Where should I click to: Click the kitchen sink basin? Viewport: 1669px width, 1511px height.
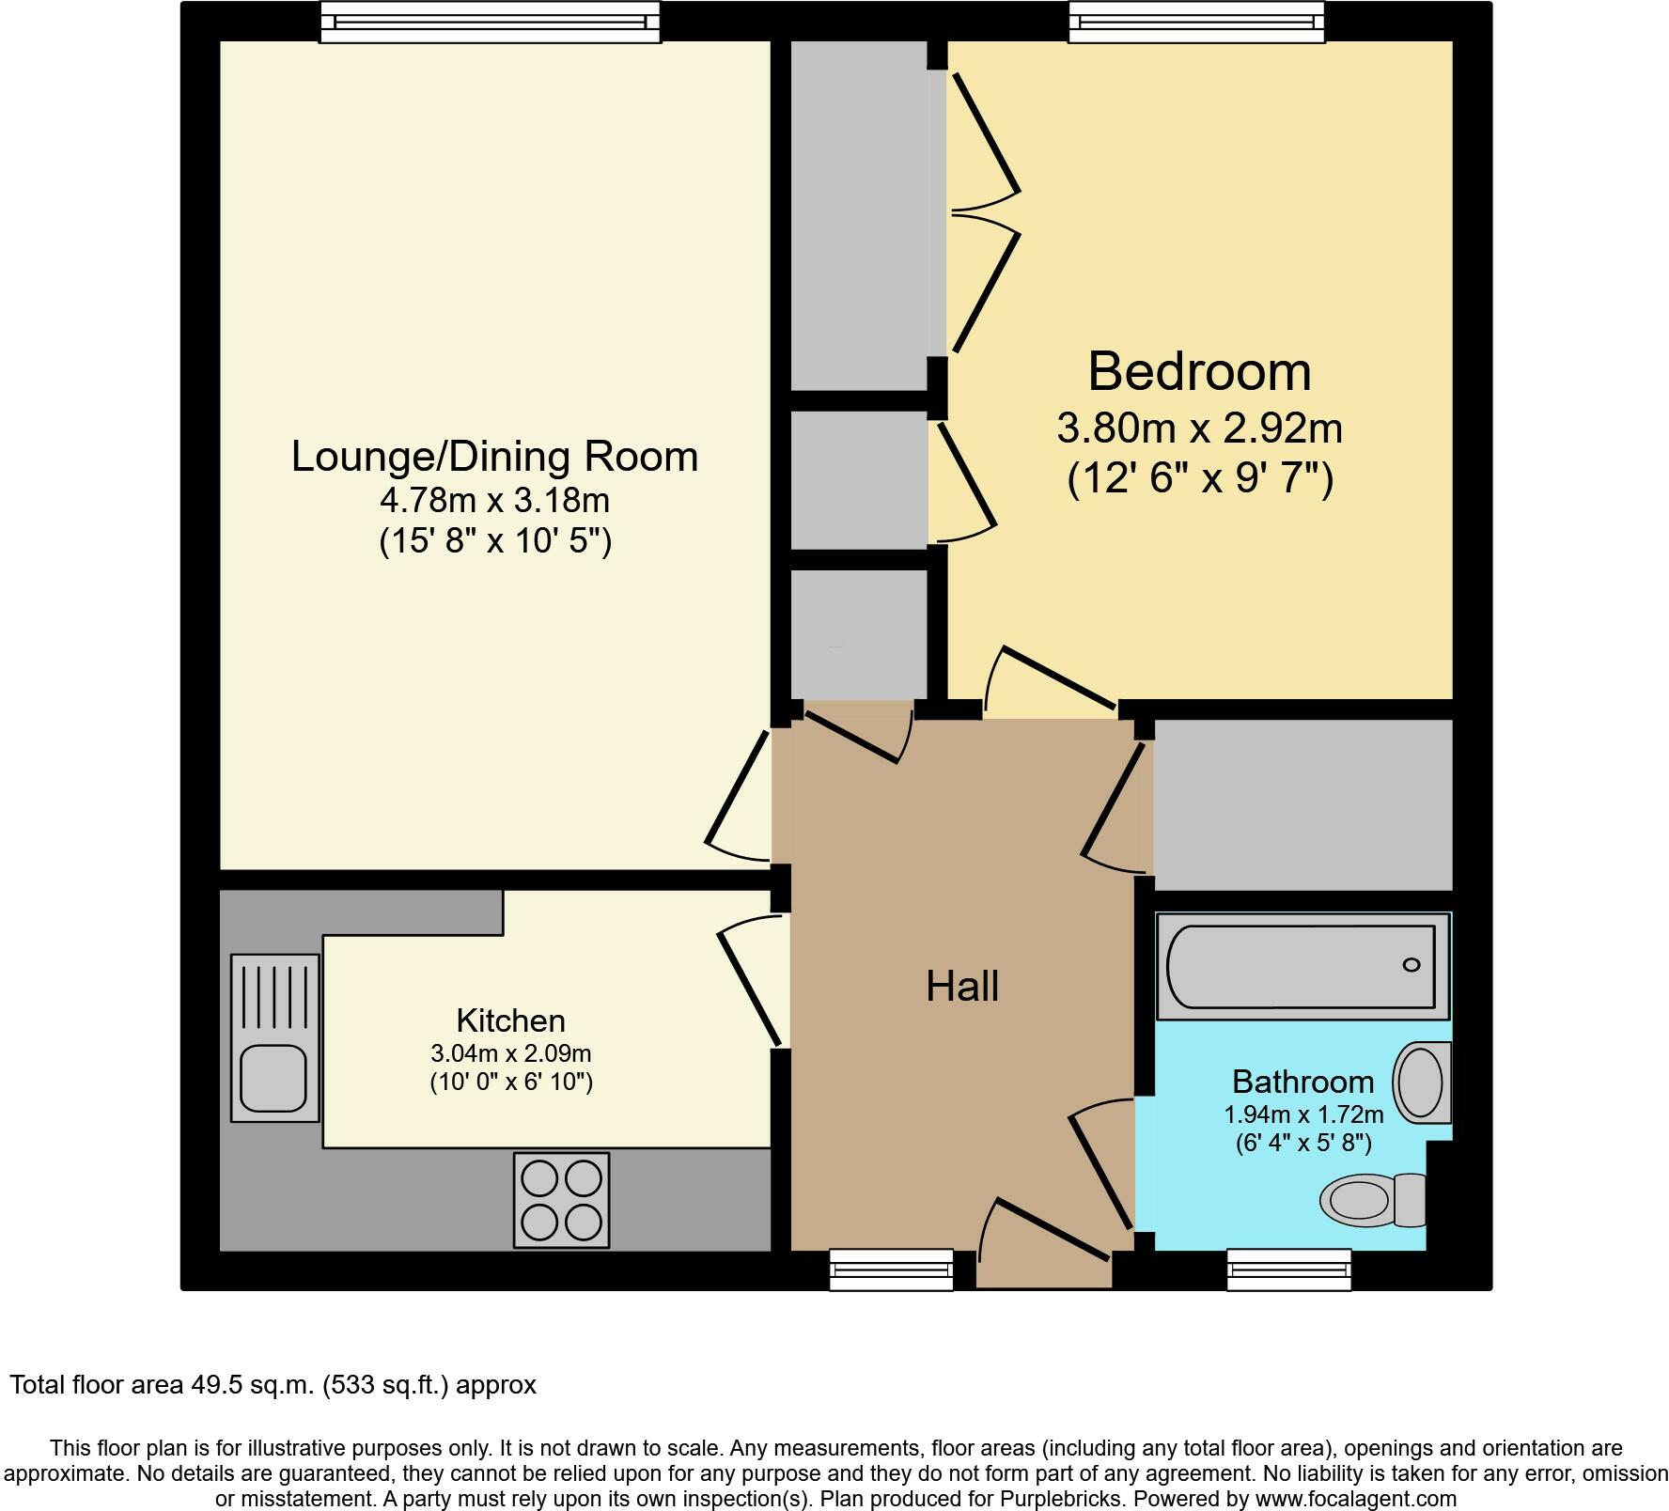click(x=273, y=1079)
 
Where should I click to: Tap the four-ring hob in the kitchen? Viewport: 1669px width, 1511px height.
click(x=561, y=1200)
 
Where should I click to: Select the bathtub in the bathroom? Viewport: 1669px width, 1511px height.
click(x=1302, y=966)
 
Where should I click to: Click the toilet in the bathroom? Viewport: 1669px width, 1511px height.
click(x=1373, y=1200)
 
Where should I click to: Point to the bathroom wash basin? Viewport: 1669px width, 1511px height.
click(x=1422, y=1083)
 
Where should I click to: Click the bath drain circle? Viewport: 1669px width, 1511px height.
click(x=1411, y=965)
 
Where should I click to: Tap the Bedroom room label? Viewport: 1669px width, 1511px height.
click(x=1199, y=371)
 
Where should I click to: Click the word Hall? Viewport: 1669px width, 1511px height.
click(x=961, y=987)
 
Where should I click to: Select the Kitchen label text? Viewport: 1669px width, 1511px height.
click(x=510, y=1020)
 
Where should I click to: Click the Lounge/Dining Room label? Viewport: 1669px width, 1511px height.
click(x=494, y=457)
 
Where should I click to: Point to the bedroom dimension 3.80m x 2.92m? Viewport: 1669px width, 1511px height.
click(x=1200, y=428)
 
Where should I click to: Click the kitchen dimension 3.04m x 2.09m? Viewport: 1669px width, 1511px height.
click(x=511, y=1053)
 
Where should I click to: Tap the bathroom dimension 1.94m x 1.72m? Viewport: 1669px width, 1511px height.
click(x=1303, y=1115)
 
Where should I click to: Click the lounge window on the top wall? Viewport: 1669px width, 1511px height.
click(x=490, y=22)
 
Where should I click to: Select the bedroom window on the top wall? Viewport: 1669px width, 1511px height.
click(x=1196, y=22)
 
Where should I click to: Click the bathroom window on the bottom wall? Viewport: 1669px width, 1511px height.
click(x=1288, y=1270)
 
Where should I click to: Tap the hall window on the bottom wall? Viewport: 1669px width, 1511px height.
click(x=891, y=1270)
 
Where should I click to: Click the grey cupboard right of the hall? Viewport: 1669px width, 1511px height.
click(x=1302, y=804)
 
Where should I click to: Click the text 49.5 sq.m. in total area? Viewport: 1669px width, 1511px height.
click(x=248, y=1385)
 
